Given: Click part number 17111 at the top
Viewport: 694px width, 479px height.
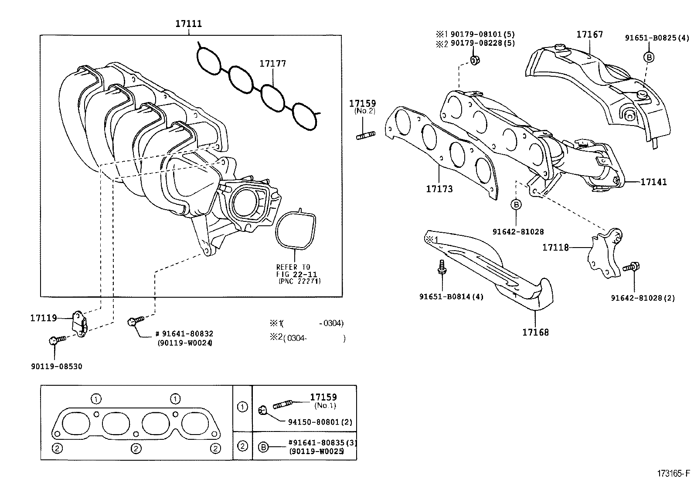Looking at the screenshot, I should coord(189,24).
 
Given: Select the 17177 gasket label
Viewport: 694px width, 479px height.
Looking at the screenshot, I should coord(272,64).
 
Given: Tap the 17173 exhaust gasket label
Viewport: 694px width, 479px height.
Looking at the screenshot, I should coord(439,189).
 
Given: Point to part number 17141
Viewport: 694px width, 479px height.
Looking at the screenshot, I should coord(653,182).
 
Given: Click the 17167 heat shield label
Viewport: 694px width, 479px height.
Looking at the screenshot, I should coord(589,34).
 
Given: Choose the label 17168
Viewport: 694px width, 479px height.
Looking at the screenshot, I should coord(535,332).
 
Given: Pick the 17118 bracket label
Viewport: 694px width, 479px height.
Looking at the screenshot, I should coord(555,248).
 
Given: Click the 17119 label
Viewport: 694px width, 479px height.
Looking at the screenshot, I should coord(44,318).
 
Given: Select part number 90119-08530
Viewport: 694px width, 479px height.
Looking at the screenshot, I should coord(56,367).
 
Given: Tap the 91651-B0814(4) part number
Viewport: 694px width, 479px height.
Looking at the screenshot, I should coord(451,297).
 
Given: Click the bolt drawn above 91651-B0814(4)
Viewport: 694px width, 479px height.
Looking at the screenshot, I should coord(441,267).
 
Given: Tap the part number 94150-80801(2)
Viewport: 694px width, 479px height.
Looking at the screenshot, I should coord(320,422).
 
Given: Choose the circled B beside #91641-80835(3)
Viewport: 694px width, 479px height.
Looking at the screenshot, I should coord(263,447).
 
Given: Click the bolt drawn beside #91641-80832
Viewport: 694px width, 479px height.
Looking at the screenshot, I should coord(135,322).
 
